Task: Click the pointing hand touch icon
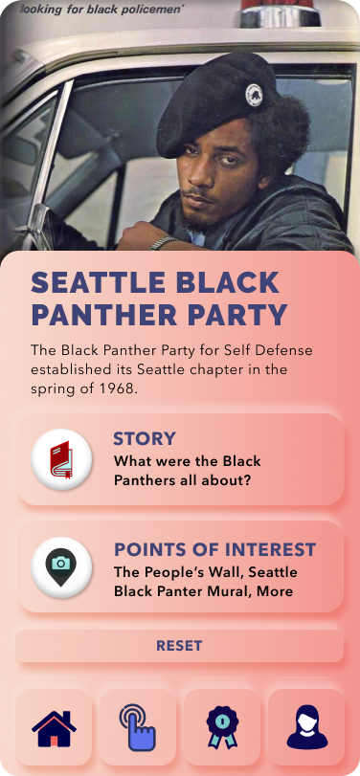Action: pos(138,726)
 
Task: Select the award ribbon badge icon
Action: pos(222,726)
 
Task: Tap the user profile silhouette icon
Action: pos(307,726)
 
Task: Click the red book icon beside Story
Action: pos(61,459)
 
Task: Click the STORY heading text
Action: pos(145,438)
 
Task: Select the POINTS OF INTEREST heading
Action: pos(214,549)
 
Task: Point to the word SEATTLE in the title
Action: pos(99,282)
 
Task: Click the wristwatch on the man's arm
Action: pos(164,243)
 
